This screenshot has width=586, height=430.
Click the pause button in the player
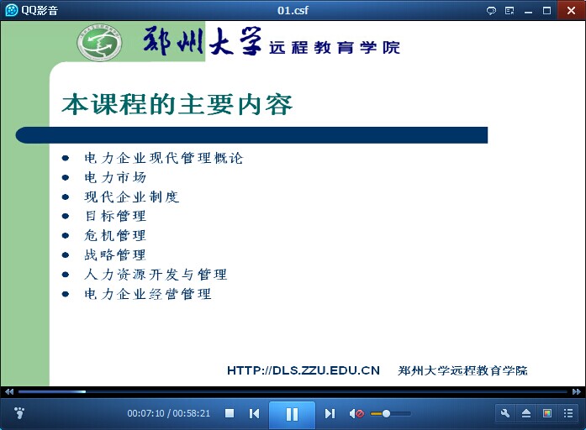292,414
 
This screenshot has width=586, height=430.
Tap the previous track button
254,413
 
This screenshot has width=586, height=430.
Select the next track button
330,413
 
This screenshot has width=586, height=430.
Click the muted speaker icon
356,413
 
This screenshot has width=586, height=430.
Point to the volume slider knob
387,413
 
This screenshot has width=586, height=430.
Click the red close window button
571,10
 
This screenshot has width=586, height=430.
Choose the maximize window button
546,10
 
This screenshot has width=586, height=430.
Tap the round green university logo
99,43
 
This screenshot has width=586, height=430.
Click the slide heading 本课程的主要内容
177,104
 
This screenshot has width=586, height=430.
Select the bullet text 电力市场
115,177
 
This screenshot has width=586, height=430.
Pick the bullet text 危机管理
115,235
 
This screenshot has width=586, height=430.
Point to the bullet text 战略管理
115,255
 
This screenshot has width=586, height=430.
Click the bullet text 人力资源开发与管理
156,275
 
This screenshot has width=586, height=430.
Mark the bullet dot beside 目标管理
66,216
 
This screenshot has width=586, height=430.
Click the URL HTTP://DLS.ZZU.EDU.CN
304,370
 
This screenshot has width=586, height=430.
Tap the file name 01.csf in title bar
293,10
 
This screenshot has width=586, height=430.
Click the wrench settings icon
505,413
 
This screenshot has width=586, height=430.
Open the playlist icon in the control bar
568,413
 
